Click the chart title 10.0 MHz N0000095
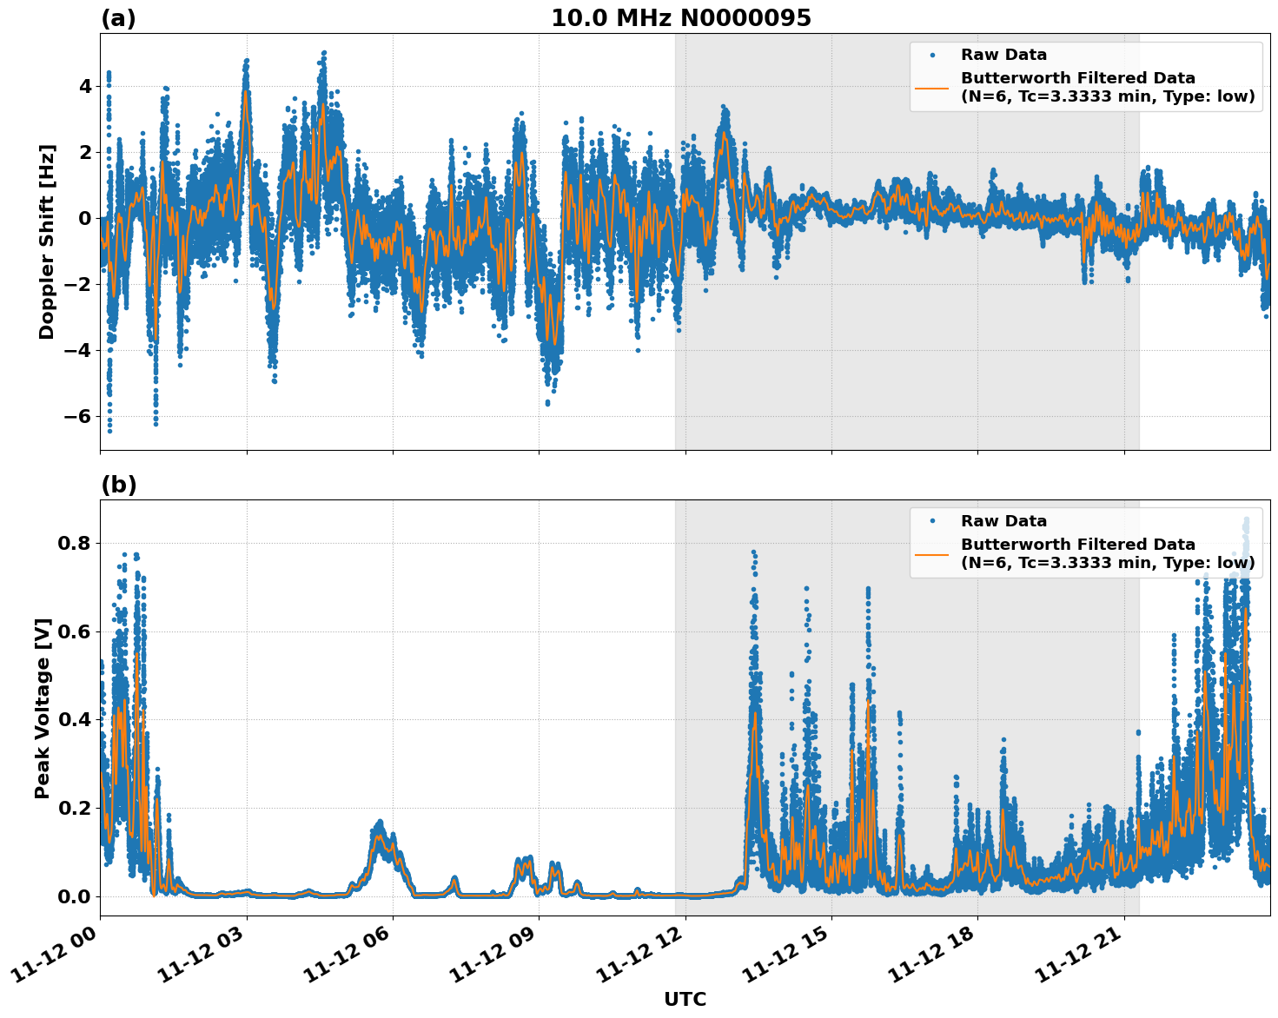(x=680, y=18)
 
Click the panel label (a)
(x=118, y=18)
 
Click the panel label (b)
(x=118, y=485)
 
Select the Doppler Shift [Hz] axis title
(x=47, y=241)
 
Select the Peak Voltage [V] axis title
(x=43, y=708)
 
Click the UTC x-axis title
(x=685, y=1000)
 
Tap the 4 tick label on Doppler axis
(x=85, y=86)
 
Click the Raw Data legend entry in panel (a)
(x=1003, y=56)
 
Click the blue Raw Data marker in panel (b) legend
(x=932, y=521)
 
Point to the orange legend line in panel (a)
(x=932, y=88)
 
